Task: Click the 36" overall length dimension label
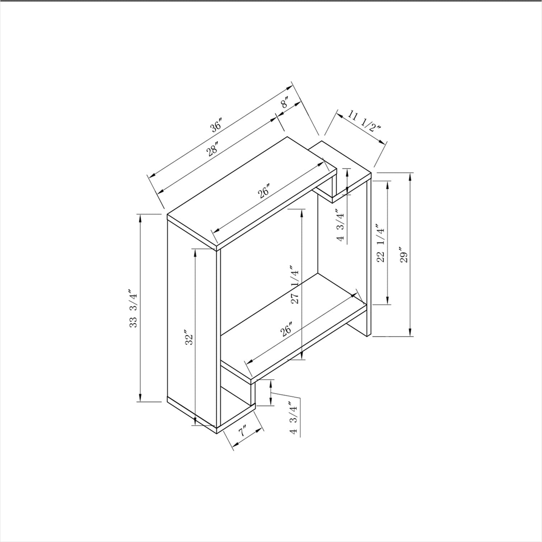click(217, 125)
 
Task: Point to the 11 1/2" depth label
click(363, 121)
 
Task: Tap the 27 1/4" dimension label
click(294, 285)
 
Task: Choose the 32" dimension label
click(189, 337)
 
